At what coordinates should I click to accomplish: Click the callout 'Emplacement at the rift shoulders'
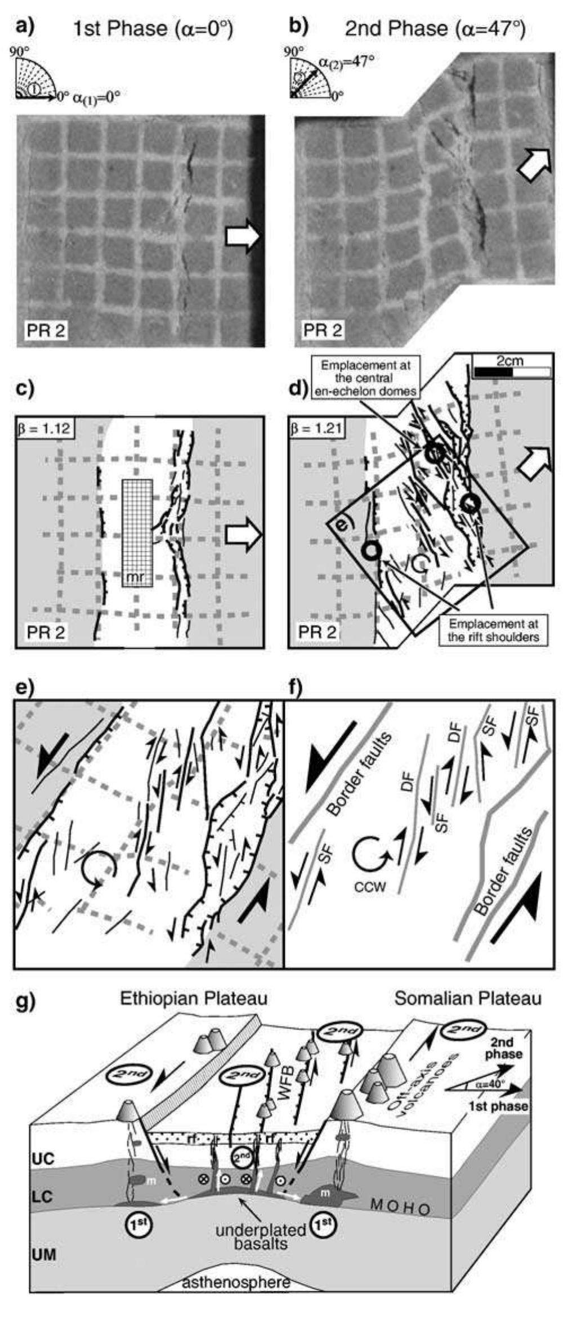click(x=493, y=630)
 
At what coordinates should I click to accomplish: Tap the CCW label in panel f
click(x=370, y=887)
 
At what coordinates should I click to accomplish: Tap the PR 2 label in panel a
click(x=46, y=330)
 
